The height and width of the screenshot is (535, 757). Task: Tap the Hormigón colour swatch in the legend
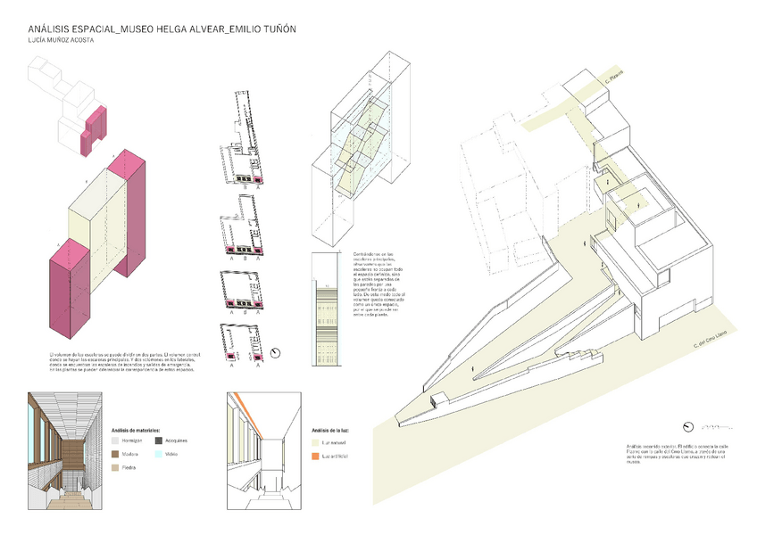click(115, 440)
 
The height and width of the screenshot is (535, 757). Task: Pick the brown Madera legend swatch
click(115, 454)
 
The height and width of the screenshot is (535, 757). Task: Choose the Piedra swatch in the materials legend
click(115, 467)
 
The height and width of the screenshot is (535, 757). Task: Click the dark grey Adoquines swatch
click(159, 440)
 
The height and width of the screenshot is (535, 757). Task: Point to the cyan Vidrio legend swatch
click(159, 454)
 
